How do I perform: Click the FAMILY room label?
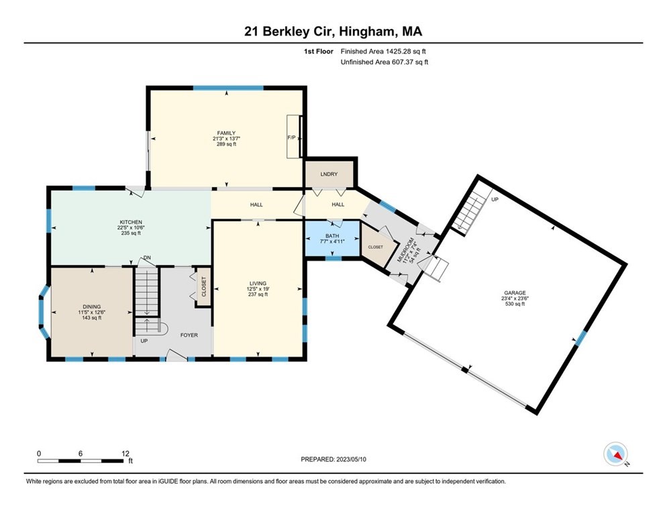click(225, 132)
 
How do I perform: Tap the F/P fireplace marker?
click(291, 137)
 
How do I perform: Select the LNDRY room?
click(328, 174)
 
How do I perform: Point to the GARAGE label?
click(515, 292)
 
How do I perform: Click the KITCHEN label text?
click(132, 222)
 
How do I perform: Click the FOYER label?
click(189, 335)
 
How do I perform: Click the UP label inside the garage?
click(495, 200)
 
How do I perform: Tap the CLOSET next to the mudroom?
click(376, 247)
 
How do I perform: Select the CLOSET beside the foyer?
click(203, 286)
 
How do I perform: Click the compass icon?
click(615, 454)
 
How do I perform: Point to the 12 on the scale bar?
click(125, 453)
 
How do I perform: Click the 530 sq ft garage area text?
click(515, 304)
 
